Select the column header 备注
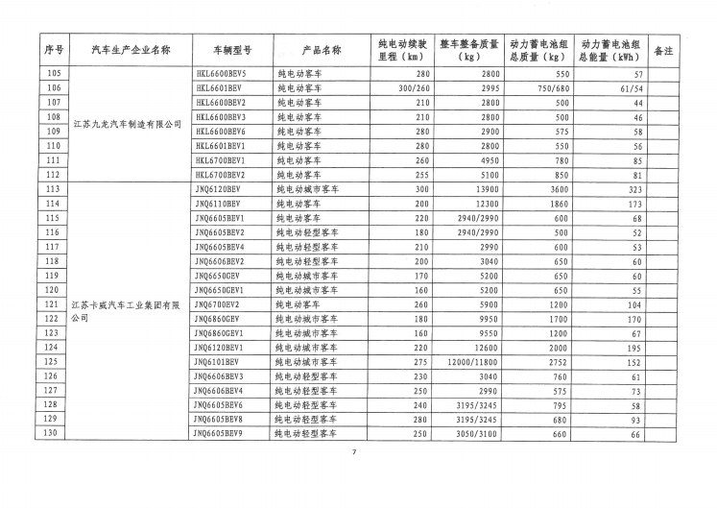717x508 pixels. pos(661,49)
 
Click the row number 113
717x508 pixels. pos(54,190)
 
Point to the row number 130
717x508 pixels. pos(54,434)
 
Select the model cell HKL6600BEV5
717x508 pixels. pos(221,74)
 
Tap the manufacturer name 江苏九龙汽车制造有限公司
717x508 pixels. pos(127,125)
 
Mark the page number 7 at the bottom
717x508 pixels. pos(354,453)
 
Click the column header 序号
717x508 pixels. pos(54,49)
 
